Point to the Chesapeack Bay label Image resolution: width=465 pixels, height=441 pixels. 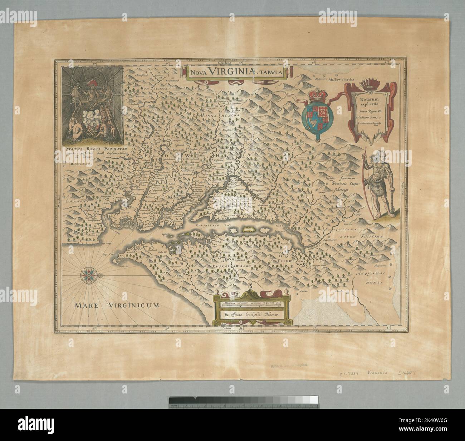pos(211,226)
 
